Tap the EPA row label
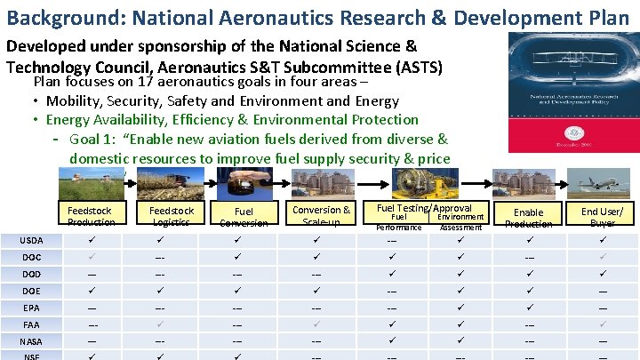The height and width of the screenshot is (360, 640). [31, 308]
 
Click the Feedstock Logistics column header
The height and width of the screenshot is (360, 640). [171, 216]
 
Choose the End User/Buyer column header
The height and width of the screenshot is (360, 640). [602, 216]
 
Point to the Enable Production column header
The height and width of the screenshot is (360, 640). [528, 216]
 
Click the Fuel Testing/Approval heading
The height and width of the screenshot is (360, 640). [424, 208]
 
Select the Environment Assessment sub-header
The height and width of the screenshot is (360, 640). [460, 221]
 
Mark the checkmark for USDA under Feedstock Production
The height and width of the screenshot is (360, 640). [92, 240]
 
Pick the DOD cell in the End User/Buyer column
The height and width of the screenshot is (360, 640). [602, 274]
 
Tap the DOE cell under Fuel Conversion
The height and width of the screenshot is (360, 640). [237, 291]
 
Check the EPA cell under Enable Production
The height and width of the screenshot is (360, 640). [528, 308]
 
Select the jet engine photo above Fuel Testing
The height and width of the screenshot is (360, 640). [424, 182]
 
